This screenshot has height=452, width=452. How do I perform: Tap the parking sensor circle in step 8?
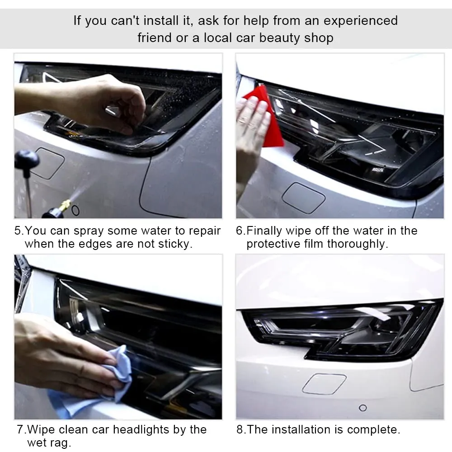(x=363, y=408)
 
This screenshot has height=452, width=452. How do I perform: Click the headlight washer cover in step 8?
(x=324, y=384)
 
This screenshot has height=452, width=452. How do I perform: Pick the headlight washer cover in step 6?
(x=304, y=198)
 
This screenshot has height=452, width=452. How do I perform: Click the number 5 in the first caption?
(x=18, y=231)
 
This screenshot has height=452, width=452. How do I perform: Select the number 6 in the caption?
(x=240, y=231)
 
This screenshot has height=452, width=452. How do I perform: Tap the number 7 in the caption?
(x=20, y=429)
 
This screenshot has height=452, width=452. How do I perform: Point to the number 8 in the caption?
(x=240, y=429)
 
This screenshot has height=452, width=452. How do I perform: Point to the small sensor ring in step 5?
(x=75, y=211)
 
